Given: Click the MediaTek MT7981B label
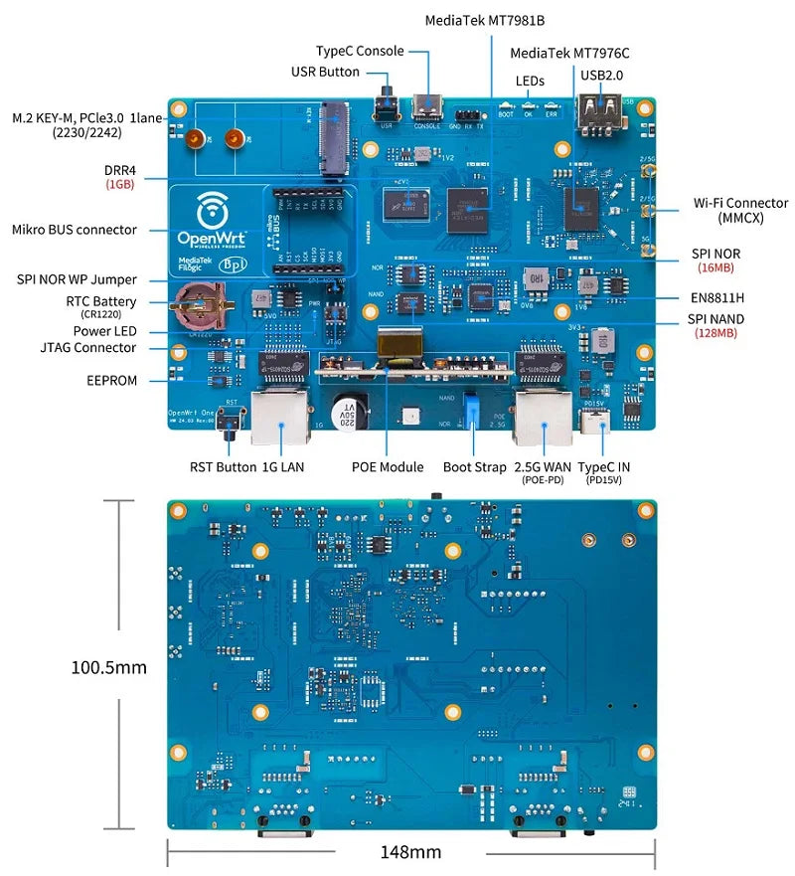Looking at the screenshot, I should [x=484, y=20].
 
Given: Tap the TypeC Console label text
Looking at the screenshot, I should [x=360, y=51].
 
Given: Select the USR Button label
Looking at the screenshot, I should [x=325, y=72].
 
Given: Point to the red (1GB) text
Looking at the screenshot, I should [x=120, y=185].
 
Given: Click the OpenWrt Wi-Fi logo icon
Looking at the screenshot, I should [x=211, y=211].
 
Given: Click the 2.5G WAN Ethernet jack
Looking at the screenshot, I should [x=544, y=418].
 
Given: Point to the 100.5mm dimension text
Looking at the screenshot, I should [x=108, y=667].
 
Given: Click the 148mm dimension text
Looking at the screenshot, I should [x=410, y=852].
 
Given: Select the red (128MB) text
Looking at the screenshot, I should [x=715, y=334].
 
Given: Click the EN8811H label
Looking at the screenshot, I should [x=717, y=296].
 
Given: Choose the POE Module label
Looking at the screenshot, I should [x=388, y=466].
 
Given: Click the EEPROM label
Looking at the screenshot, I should [x=111, y=380].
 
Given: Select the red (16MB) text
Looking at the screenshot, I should [x=715, y=268].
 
